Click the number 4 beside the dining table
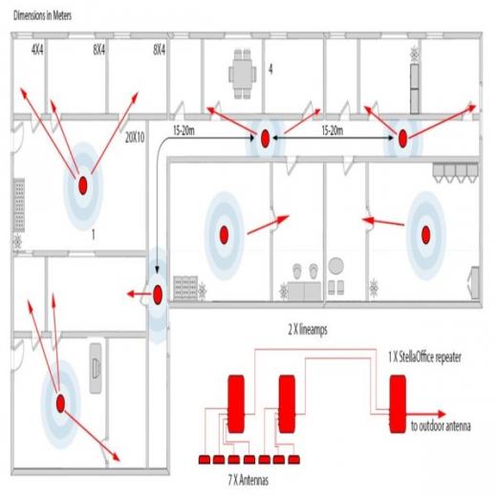pyautogui.click(x=270, y=70)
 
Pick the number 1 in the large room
pyautogui.click(x=93, y=233)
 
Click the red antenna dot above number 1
pyautogui.click(x=83, y=184)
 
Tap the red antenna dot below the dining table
pyautogui.click(x=263, y=140)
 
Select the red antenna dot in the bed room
pyautogui.click(x=59, y=404)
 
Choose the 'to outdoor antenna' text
pyautogui.click(x=441, y=427)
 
